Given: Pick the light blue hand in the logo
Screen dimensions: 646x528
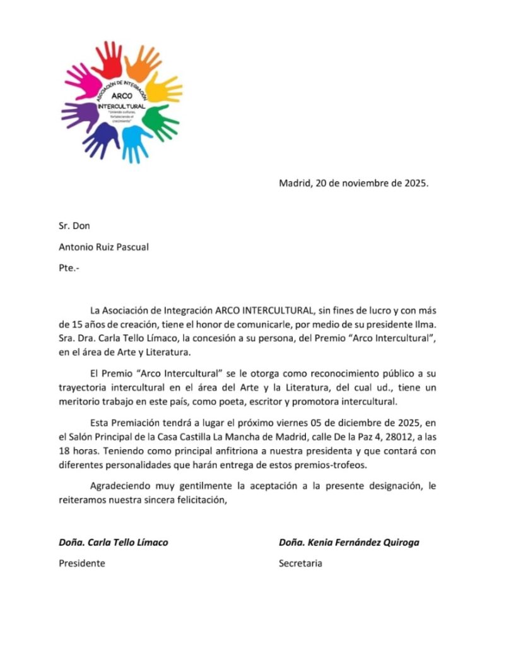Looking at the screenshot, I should (x=135, y=141).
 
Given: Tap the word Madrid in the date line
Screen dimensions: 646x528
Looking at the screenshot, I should (x=295, y=184).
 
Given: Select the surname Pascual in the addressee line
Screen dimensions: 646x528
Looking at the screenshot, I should (x=130, y=247).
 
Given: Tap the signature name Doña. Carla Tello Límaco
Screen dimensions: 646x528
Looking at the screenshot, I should (x=114, y=542).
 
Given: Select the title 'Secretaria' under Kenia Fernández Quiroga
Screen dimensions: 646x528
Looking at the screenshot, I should (x=300, y=563).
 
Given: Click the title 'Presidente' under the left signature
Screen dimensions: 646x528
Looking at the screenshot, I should (x=82, y=563).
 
